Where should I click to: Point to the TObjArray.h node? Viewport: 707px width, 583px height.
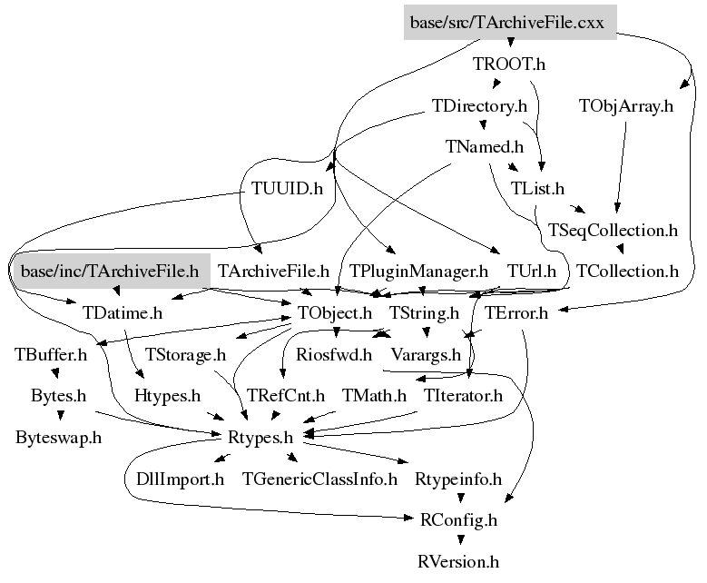click(x=626, y=106)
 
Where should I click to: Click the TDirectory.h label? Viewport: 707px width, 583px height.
click(x=480, y=106)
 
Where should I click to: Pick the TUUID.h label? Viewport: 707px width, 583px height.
click(x=287, y=189)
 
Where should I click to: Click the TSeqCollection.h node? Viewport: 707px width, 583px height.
click(x=614, y=230)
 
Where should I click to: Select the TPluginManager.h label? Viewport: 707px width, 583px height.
click(x=419, y=271)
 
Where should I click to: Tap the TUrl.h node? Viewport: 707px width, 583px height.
click(x=532, y=271)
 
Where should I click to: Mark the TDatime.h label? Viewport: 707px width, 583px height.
click(x=123, y=313)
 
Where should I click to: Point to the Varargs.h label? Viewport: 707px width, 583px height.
click(x=426, y=354)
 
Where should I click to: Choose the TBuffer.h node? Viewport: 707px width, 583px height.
click(x=51, y=354)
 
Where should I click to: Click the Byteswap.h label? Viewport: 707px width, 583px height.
click(x=58, y=437)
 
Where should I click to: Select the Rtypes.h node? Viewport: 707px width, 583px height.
click(x=261, y=437)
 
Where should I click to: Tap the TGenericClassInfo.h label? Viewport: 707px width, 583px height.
click(x=319, y=479)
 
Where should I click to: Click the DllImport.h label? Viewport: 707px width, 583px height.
click(x=173, y=479)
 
